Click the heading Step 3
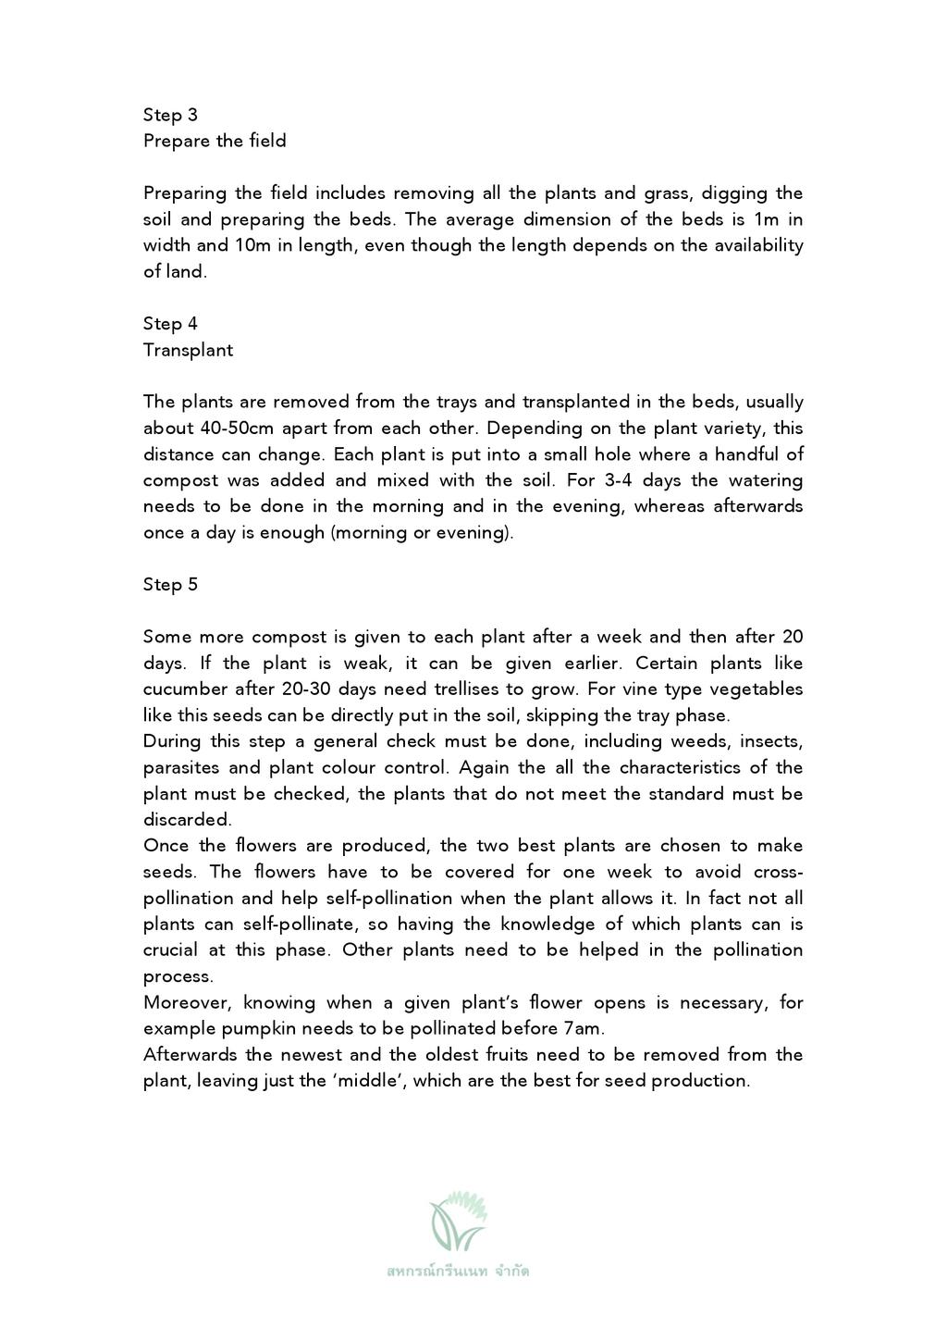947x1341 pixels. point(170,115)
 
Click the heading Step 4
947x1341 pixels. point(170,323)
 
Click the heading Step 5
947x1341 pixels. point(170,584)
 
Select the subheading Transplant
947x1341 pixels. point(188,350)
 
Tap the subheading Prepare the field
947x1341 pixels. point(215,141)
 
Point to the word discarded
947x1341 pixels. point(186,820)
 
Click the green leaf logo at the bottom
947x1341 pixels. point(458,1220)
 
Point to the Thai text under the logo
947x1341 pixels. point(458,1271)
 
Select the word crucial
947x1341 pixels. point(169,950)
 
